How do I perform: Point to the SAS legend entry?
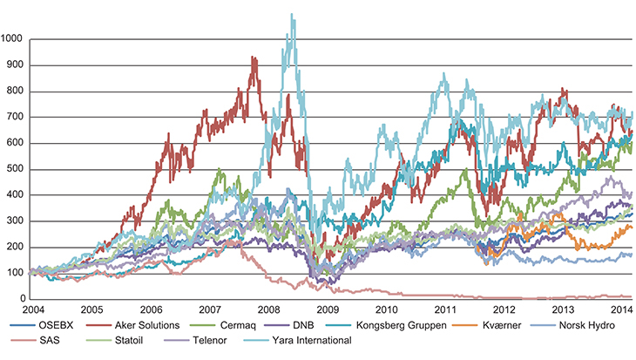click(x=49, y=341)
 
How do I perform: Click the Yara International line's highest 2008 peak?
click(x=291, y=14)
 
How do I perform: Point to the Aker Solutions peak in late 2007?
click(x=253, y=58)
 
